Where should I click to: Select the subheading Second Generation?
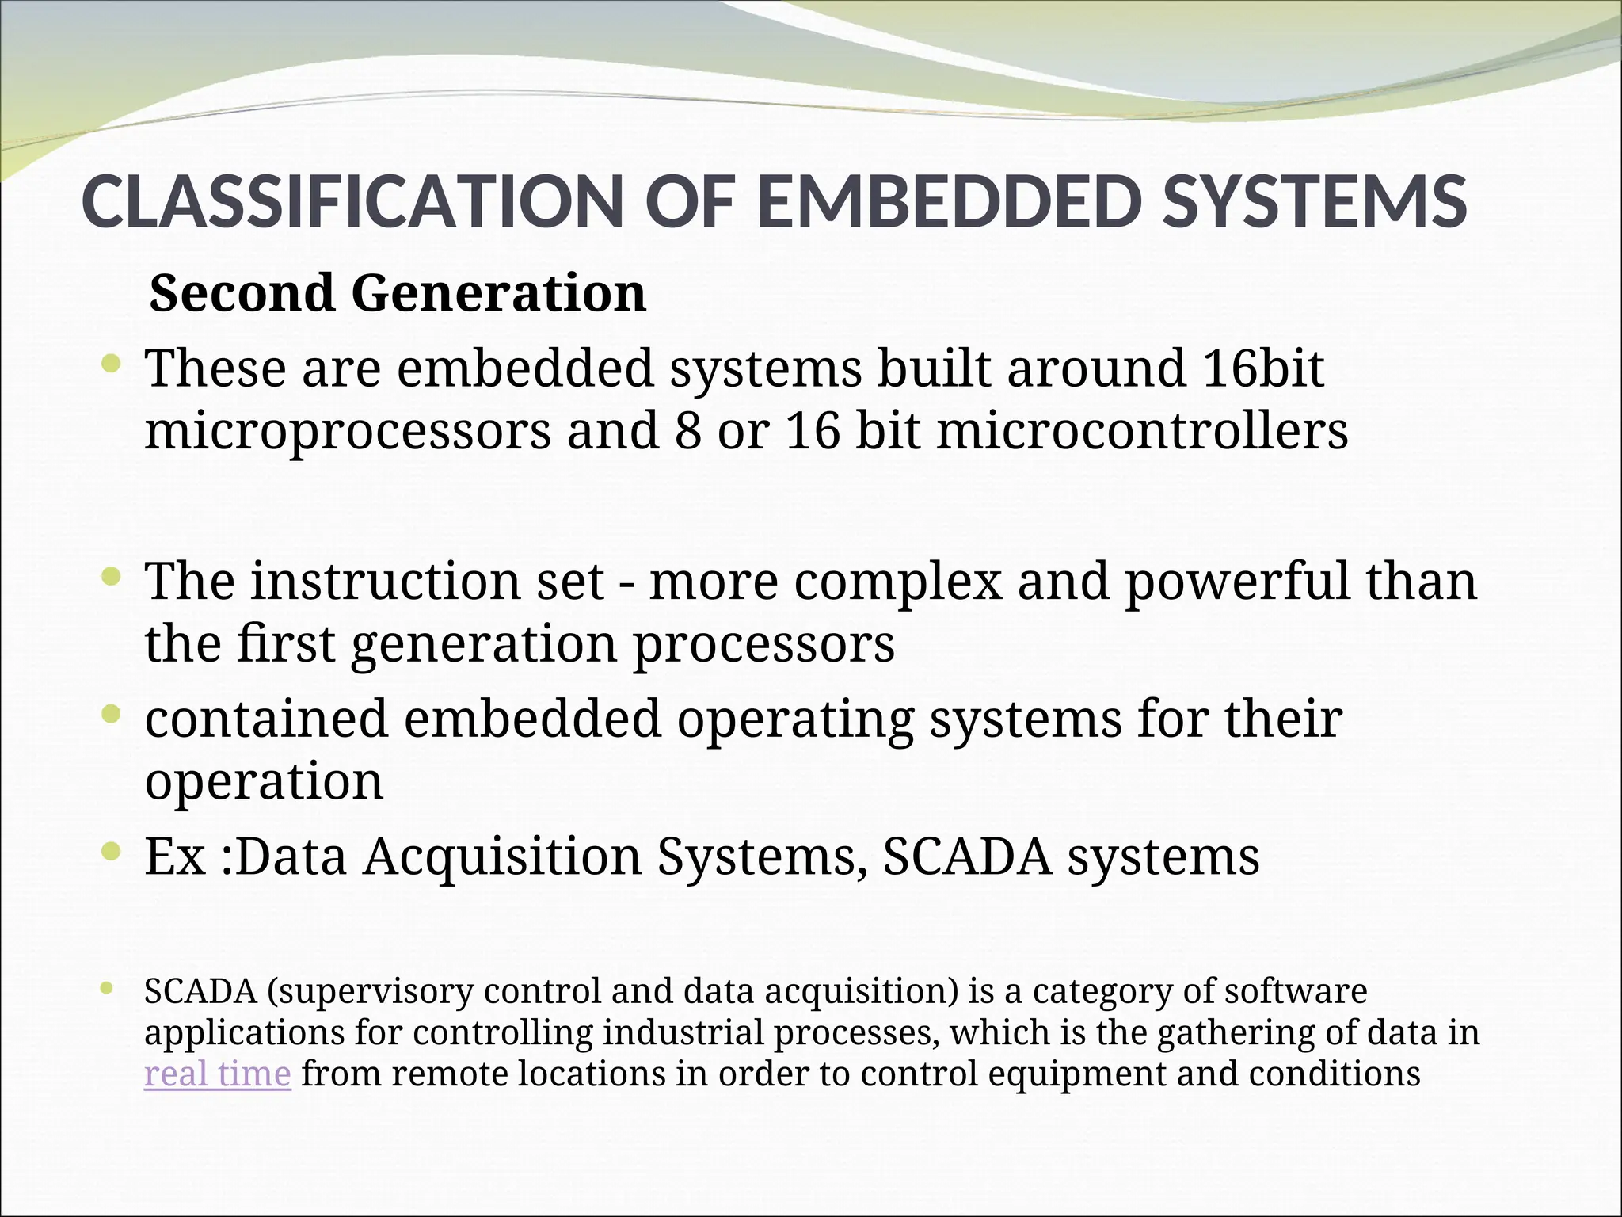click(x=398, y=293)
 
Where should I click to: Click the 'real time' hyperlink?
click(x=217, y=1074)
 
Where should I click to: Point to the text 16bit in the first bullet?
click(x=1262, y=368)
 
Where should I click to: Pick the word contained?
click(x=266, y=719)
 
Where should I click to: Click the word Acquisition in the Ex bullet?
click(x=502, y=856)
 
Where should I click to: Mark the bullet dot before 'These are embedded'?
click(x=112, y=365)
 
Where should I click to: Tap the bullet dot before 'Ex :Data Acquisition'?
click(x=112, y=853)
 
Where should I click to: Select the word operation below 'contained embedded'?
click(x=264, y=782)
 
